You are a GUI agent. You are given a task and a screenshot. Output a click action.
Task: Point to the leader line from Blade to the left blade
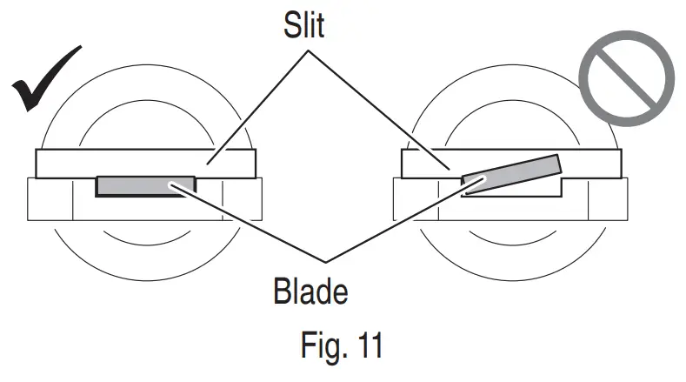pyautogui.click(x=252, y=223)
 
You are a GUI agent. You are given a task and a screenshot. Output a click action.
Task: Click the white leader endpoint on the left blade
pyautogui.click(x=177, y=184)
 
